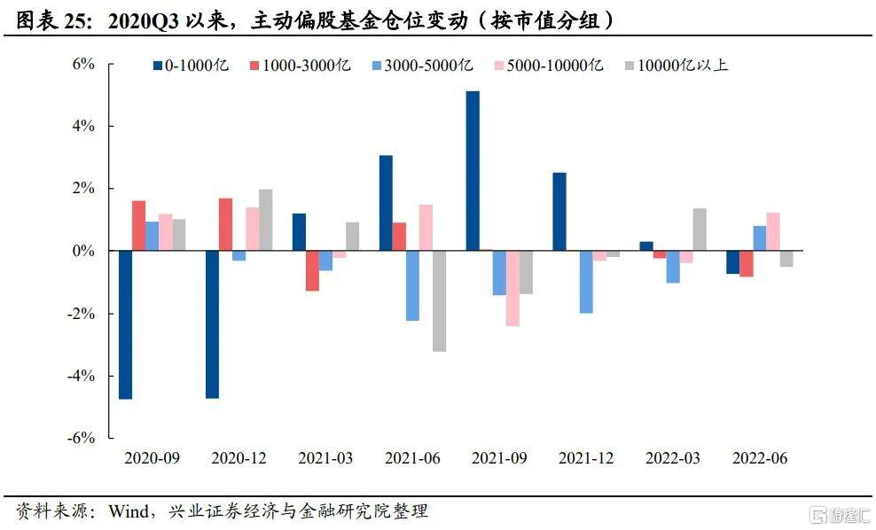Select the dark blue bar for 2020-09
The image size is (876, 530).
click(x=125, y=324)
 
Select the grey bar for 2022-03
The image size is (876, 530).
click(x=700, y=230)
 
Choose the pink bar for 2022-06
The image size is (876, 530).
click(x=773, y=231)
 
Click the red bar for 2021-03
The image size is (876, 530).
click(x=312, y=270)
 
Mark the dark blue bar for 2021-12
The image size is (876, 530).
click(x=559, y=212)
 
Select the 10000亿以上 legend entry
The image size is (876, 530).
click(x=677, y=65)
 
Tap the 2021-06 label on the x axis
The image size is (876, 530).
click(x=412, y=458)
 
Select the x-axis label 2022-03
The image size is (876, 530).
click(x=673, y=458)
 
